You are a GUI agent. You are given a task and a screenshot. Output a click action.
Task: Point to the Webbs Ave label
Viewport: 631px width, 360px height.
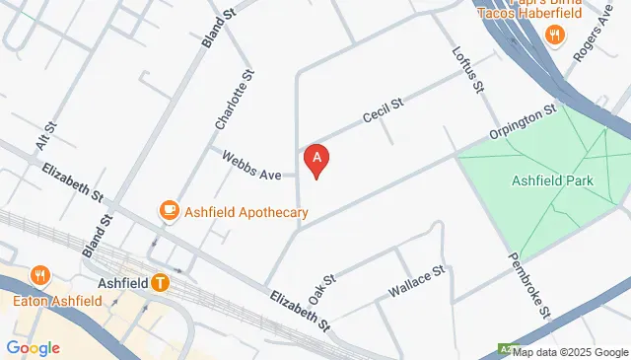point(252,166)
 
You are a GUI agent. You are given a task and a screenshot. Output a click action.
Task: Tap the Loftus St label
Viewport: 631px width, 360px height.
point(467,72)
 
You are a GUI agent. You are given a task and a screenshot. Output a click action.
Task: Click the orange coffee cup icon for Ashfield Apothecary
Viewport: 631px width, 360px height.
point(169,209)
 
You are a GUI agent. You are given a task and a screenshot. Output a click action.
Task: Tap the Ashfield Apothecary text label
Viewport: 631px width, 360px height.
point(246,212)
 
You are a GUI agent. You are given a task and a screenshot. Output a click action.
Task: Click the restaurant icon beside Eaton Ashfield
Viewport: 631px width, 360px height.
point(39,275)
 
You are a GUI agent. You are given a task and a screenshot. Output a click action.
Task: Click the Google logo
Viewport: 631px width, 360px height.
point(33,347)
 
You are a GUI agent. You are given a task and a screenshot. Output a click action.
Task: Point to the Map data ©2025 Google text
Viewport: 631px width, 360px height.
point(570,352)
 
